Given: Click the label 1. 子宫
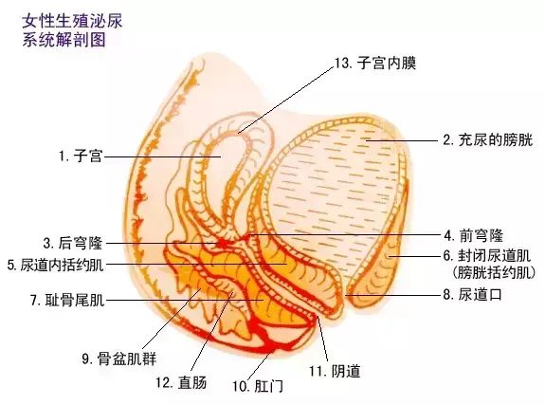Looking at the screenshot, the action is tap(81, 156).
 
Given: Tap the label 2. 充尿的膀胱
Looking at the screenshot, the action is tap(487, 139).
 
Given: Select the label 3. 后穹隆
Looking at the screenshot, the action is tap(73, 243).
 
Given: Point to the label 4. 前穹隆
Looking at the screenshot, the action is tap(473, 235).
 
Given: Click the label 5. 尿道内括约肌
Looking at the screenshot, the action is tap(56, 265).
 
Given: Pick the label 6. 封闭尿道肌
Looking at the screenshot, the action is tap(486, 256).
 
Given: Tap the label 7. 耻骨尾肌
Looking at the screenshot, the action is tap(67, 299).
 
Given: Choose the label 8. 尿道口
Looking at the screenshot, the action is tap(473, 294).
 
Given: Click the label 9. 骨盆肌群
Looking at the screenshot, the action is tap(119, 359).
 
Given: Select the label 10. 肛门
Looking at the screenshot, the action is tap(258, 386).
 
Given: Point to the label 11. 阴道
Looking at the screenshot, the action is tap(335, 371).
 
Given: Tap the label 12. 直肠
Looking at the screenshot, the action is tap(181, 382).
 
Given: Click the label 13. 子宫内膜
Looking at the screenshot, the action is tap(375, 63).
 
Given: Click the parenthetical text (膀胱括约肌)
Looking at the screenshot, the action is tap(494, 272).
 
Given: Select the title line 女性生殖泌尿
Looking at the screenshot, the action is tap(72, 21).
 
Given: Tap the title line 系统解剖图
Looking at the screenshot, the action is tap(64, 40).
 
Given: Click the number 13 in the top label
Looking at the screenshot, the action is tap(341, 63).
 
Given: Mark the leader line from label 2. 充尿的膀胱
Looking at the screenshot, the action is tap(402, 140).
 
